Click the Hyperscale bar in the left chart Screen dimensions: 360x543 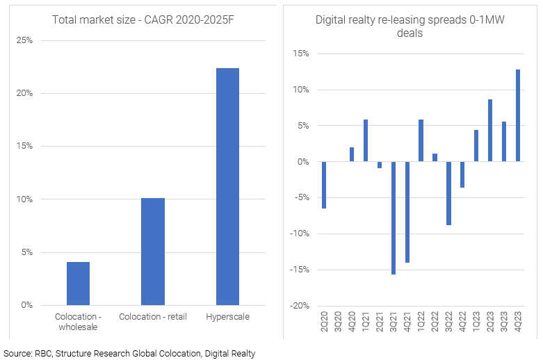227,186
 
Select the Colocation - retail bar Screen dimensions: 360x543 152,252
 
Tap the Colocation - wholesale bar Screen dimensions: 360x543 78,284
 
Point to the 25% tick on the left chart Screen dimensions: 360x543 24,40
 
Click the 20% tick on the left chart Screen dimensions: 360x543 24,93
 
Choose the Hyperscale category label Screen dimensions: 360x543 227,317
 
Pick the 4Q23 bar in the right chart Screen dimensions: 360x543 518,115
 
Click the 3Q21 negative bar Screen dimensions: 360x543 394,218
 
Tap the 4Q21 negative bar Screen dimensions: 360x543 407,212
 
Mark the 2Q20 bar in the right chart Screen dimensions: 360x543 324,185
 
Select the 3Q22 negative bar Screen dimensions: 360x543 449,193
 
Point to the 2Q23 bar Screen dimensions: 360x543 490,131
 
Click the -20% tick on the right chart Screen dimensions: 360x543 300,306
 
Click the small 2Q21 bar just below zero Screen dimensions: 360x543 380,165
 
